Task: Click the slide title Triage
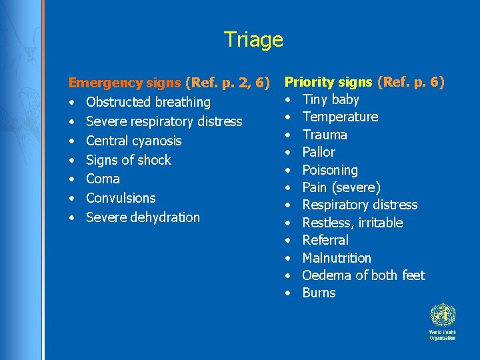point(253,39)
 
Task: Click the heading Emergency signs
point(125,83)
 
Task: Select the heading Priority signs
point(329,82)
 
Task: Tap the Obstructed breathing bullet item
point(148,103)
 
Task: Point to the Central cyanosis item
point(133,141)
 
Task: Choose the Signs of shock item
point(129,160)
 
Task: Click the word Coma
point(103,179)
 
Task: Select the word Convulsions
point(121,198)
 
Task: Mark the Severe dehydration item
point(143,217)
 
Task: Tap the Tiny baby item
point(331,100)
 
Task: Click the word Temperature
point(340,117)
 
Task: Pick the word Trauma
point(325,135)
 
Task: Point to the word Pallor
point(319,152)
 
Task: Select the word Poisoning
point(330,170)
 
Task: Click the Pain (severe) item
point(341,187)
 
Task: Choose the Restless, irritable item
point(353,223)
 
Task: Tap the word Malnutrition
point(337,258)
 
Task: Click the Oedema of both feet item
point(363,275)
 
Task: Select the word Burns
point(319,293)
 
